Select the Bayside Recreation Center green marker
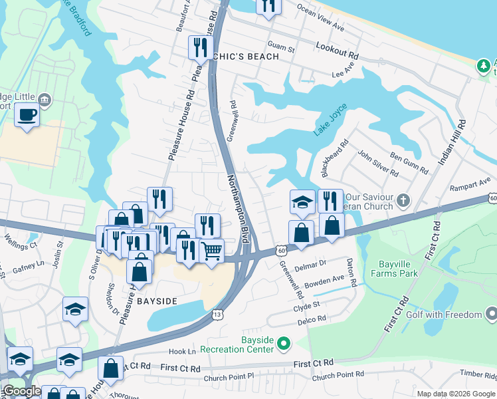[x=284, y=344]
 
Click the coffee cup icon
[x=27, y=114]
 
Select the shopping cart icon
[x=211, y=251]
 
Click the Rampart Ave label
[x=469, y=188]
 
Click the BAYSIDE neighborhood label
[x=157, y=301]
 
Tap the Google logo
[x=22, y=392]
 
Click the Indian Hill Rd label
[x=452, y=143]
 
